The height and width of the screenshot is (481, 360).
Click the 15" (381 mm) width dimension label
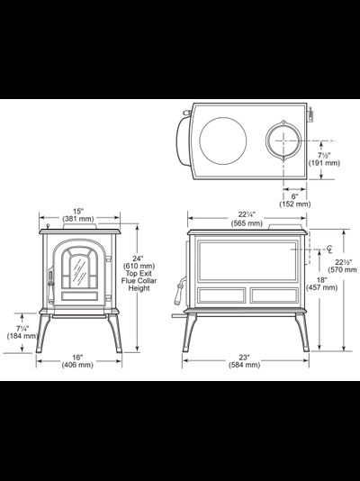point(78,215)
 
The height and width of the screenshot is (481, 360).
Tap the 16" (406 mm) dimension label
point(77,361)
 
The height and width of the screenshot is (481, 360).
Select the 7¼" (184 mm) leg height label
point(22,332)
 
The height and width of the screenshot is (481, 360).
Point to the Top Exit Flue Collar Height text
point(139,281)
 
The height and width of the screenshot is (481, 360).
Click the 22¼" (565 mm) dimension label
point(247,219)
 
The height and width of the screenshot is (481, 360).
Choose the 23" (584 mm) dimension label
point(244,361)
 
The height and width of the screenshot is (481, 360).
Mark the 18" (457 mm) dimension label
point(322,284)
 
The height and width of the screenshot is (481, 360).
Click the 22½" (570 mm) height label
point(343,266)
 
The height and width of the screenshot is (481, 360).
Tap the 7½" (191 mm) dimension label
point(324,159)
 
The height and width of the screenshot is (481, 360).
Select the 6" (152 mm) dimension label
point(294,200)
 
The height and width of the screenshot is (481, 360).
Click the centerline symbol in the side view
point(329,250)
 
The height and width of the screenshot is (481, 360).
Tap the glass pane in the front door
point(80,272)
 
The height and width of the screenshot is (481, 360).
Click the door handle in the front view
point(50,286)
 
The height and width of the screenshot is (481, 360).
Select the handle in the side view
point(179,291)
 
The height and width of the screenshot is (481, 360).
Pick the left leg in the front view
point(42,333)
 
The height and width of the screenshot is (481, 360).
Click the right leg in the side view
point(303,332)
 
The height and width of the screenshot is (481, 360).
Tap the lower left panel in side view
point(221,295)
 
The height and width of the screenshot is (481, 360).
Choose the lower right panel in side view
point(274,295)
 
